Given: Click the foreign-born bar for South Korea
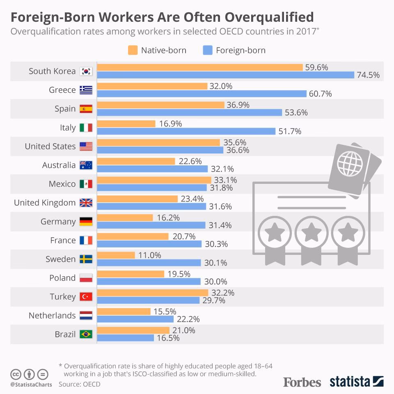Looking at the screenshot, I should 226,75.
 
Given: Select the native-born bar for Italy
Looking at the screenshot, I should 126,124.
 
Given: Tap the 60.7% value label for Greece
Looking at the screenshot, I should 320,94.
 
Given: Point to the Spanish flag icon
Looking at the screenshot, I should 86,109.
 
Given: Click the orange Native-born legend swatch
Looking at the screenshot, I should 133,50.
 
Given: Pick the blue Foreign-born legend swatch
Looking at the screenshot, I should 207,50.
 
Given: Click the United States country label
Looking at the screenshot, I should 50,147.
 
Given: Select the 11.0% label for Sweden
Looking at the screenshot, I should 150,255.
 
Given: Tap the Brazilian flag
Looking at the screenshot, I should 86,334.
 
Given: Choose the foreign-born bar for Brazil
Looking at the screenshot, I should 126,338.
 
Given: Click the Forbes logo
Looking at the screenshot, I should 302,382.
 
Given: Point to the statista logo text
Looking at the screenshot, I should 350,382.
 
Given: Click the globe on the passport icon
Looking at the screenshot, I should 350,163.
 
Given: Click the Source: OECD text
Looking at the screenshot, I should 79,384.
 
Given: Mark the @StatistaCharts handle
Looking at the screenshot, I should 31,385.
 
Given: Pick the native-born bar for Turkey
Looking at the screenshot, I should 153,293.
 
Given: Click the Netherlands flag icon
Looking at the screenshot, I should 86,315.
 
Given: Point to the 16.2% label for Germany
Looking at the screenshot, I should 168,218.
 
